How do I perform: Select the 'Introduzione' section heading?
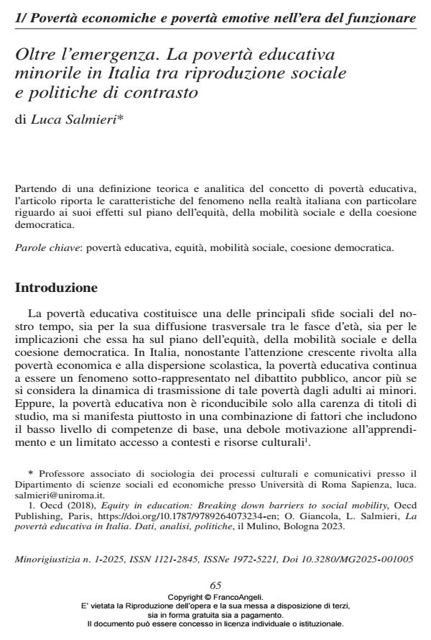pos(56,288)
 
